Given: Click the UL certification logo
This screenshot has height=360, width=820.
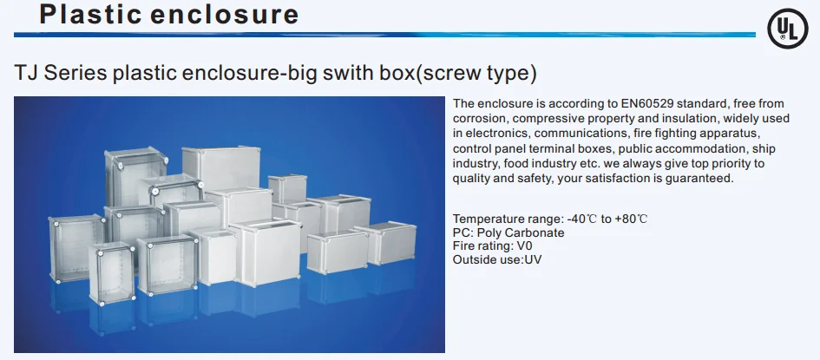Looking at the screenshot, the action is [x=788, y=29].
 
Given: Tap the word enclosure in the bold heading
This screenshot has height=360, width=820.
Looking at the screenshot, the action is [x=225, y=15].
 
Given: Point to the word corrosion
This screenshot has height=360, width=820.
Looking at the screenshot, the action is [x=482, y=119].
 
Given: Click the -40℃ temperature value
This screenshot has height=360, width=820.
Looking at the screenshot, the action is [x=582, y=219].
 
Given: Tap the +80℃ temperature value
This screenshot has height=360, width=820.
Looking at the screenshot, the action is [x=631, y=219].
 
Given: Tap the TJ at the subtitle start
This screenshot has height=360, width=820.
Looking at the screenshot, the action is [x=26, y=73].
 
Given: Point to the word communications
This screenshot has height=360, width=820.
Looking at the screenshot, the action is [x=581, y=134].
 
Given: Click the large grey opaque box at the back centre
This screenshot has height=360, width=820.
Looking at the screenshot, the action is [x=221, y=168].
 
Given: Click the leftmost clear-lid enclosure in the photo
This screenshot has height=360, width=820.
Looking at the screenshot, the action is [x=76, y=248].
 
